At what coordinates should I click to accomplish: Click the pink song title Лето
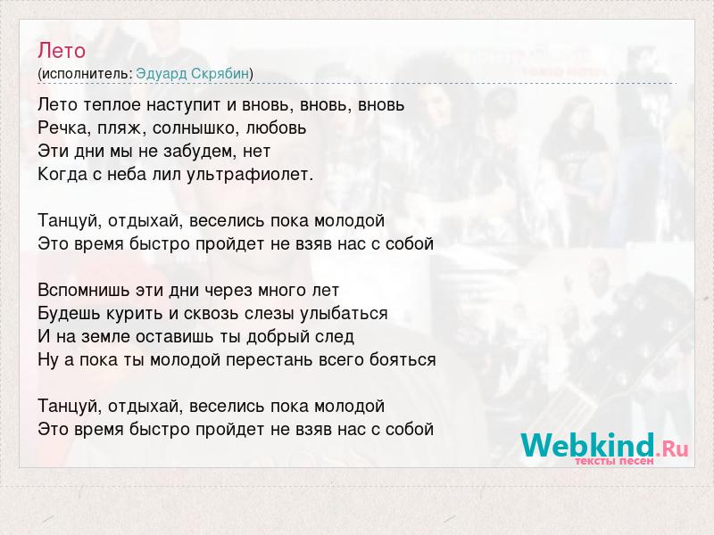click(x=62, y=51)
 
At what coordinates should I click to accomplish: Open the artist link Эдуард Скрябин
click(x=193, y=74)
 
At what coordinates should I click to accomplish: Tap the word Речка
click(x=64, y=128)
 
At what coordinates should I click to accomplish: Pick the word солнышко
click(x=195, y=128)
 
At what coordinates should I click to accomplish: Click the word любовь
click(x=277, y=128)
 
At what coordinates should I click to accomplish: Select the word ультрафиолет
click(x=249, y=175)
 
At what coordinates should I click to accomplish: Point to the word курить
click(x=135, y=314)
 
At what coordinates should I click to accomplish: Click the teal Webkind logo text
click(x=587, y=444)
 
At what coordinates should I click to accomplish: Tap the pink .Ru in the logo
click(x=672, y=449)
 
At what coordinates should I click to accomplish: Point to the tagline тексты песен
click(x=614, y=461)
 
